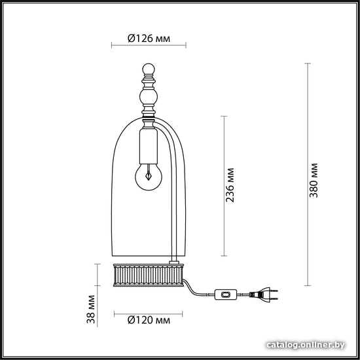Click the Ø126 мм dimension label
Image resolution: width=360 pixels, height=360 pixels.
pyautogui.click(x=149, y=39)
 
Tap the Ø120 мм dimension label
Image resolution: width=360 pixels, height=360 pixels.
pyautogui.click(x=149, y=320)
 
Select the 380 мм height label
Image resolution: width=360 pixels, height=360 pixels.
pyautogui.click(x=314, y=181)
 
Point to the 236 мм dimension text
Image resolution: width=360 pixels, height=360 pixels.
pyautogui.click(x=230, y=185)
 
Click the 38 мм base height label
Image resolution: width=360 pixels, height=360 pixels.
pyautogui.click(x=91, y=309)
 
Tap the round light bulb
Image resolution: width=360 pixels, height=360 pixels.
pyautogui.click(x=149, y=177)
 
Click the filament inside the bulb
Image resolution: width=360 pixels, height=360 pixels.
pyautogui.click(x=149, y=173)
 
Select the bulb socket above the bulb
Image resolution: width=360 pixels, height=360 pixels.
pyautogui.click(x=149, y=146)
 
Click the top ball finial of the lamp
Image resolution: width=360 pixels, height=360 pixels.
pyautogui.click(x=149, y=69)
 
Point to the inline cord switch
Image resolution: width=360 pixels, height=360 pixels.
pyautogui.click(x=225, y=295)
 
